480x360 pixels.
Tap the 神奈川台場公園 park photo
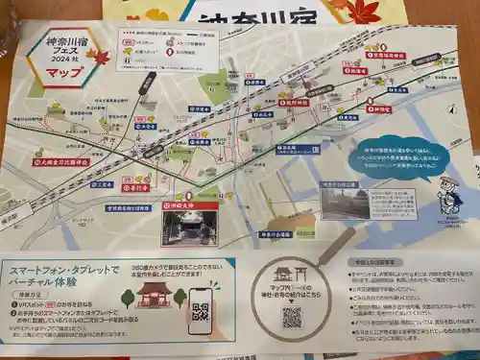pyautogui.click(x=347, y=204)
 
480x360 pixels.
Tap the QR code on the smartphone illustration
pyautogui.click(x=200, y=310)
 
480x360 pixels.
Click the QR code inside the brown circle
pyautogui.click(x=293, y=317)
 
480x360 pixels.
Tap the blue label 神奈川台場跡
pyautogui.click(x=300, y=149)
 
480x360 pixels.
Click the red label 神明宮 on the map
pyautogui.click(x=379, y=109)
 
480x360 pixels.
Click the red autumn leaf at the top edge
pyautogui.click(x=364, y=10)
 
